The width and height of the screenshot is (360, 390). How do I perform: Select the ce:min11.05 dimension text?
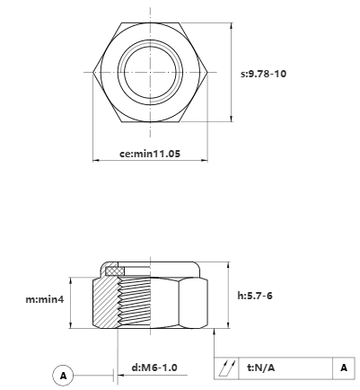[x=151, y=154]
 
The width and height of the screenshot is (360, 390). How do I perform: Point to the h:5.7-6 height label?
[x=255, y=295]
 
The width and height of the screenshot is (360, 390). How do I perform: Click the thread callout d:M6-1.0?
[x=154, y=368]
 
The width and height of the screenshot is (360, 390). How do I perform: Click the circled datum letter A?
[x=63, y=375]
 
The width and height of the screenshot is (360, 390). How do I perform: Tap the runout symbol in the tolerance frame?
[x=227, y=368]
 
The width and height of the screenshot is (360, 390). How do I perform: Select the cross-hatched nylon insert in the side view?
[x=114, y=270]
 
